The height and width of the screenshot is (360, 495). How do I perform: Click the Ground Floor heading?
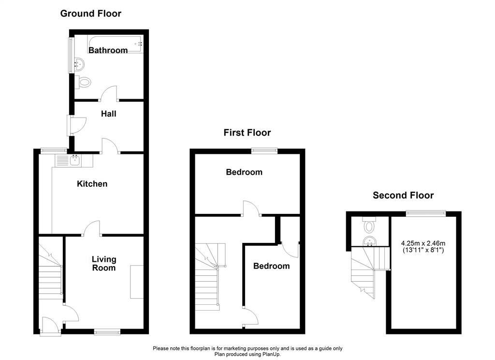point(90,14)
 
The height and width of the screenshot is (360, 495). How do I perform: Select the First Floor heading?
point(247,133)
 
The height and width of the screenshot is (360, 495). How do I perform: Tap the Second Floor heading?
point(403,195)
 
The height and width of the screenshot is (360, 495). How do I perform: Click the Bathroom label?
point(108,50)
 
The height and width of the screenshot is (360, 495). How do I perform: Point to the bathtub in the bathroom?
point(115,44)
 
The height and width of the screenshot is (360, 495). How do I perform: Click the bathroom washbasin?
point(79,64)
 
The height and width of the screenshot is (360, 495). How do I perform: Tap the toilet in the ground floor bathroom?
point(83,82)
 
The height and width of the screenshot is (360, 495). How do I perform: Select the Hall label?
point(109,114)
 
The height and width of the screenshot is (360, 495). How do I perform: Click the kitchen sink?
point(74,161)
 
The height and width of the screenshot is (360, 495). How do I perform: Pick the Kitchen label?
point(92,184)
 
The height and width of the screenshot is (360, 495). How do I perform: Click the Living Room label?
point(104,264)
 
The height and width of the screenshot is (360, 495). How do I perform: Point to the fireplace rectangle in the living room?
point(137,282)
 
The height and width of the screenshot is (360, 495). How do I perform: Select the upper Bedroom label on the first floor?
point(244,172)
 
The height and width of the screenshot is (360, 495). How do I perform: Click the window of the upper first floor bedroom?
point(264,151)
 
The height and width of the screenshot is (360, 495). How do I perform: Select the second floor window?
point(426,214)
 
